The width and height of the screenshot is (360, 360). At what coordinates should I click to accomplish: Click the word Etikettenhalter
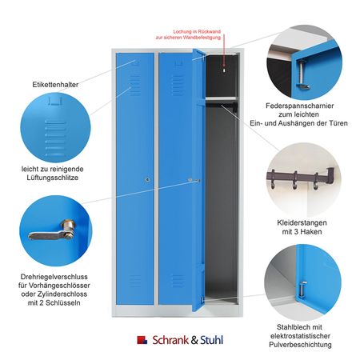point(55,85)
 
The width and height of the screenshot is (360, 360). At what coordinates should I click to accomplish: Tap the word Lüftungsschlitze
point(53,178)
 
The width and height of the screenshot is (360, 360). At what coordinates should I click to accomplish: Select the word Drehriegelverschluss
point(54,277)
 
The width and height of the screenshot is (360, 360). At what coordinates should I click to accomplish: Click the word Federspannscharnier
point(300,106)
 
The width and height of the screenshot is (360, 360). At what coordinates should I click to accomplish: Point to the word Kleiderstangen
point(302,222)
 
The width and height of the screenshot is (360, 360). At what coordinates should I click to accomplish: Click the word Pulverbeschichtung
point(300,345)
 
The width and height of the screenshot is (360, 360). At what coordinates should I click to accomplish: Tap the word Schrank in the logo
point(170,340)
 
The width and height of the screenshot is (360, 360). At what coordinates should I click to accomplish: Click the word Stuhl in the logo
point(211,340)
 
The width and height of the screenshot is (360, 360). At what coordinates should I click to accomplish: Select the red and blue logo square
point(142,340)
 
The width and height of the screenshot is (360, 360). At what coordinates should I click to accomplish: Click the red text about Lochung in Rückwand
point(189,34)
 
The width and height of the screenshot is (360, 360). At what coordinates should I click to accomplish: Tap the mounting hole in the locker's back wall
point(224,70)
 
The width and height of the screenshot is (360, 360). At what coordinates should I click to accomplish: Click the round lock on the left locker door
point(147,180)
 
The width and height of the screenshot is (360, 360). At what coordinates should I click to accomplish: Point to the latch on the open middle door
point(194,181)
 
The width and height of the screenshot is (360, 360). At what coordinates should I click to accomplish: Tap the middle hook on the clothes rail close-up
point(295,180)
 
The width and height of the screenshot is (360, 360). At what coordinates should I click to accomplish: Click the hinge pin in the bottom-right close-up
point(302,290)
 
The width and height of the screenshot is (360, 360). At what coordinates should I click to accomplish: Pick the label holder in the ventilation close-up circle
point(55,102)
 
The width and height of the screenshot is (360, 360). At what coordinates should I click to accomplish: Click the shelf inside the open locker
point(221,98)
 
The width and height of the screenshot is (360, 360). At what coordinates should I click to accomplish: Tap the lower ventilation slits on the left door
point(135,281)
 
